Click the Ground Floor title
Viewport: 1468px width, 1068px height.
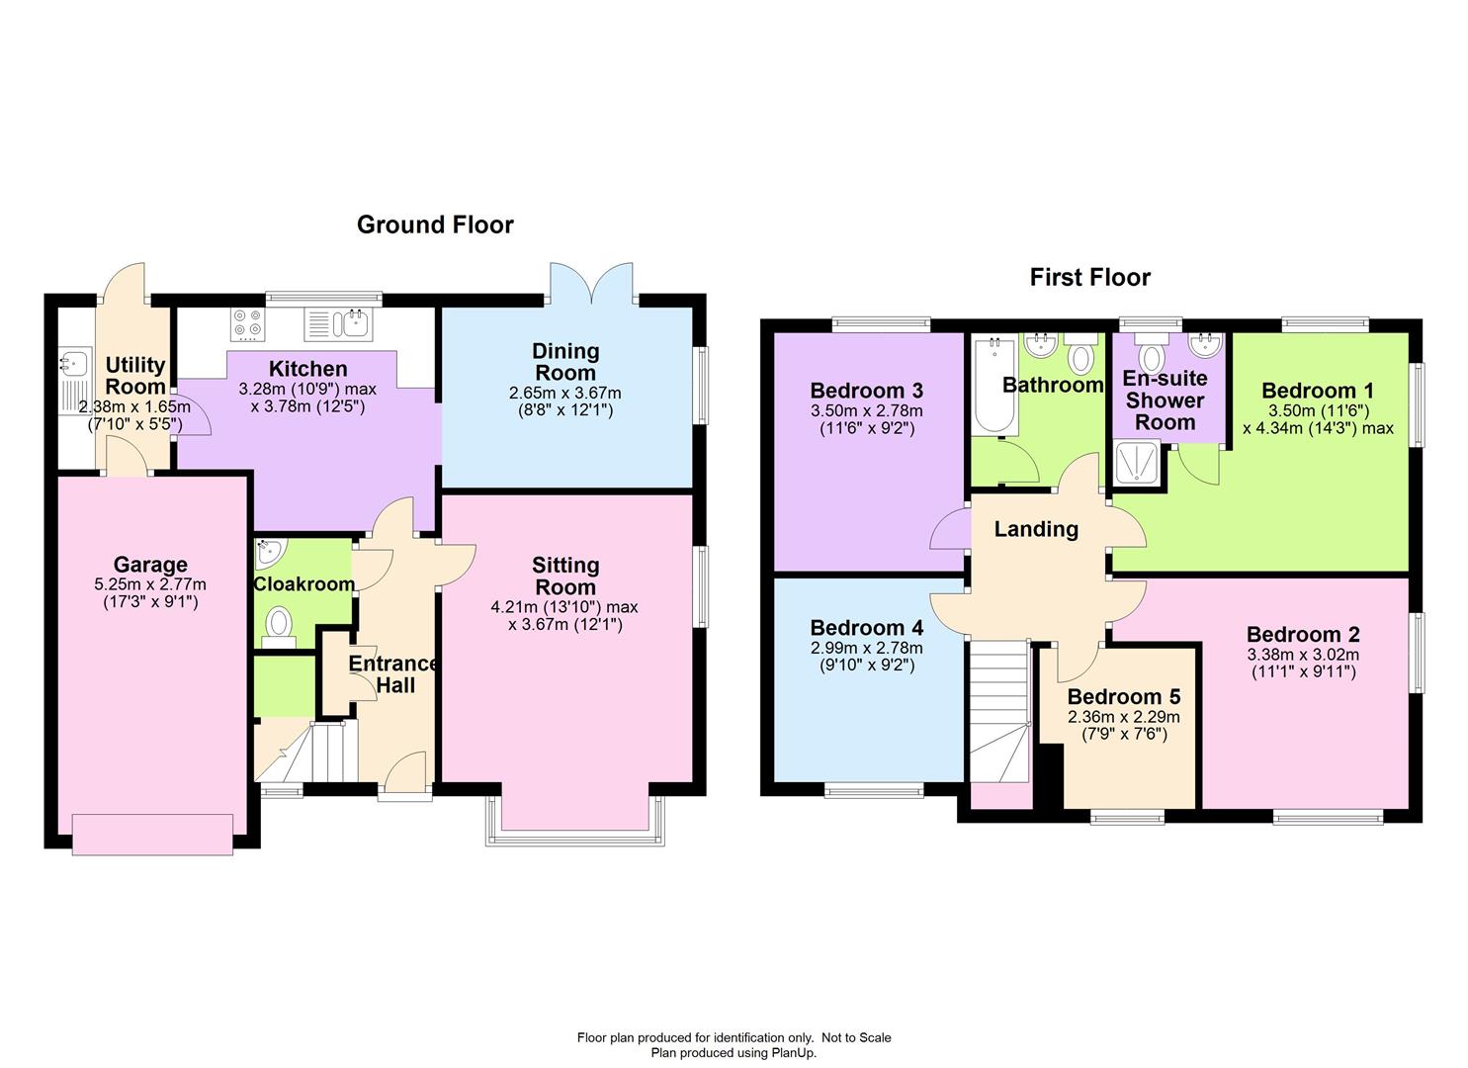click(435, 224)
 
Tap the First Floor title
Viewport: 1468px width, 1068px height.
click(1089, 277)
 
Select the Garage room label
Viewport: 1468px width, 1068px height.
click(149, 565)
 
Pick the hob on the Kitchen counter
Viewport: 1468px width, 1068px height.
click(247, 322)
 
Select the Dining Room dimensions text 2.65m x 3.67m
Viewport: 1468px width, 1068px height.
click(565, 393)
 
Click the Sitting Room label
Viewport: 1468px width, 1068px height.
click(565, 576)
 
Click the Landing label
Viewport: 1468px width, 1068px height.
click(1036, 529)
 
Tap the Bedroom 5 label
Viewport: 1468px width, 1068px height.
click(1123, 697)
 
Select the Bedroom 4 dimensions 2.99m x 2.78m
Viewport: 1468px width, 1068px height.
click(867, 649)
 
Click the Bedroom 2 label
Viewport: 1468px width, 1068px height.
click(1303, 635)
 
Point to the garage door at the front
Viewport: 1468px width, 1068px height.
click(153, 833)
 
